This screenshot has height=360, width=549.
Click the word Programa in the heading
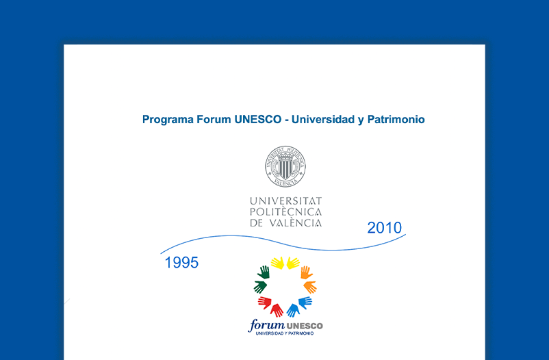tap(168, 120)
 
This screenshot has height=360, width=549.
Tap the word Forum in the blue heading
tap(214, 119)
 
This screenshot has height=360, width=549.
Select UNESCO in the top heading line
tap(258, 119)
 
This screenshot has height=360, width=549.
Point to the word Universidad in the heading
tap(323, 119)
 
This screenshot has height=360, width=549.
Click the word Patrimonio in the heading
tap(396, 119)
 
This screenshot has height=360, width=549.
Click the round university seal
tap(285, 166)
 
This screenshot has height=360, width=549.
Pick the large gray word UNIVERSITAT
tap(285, 201)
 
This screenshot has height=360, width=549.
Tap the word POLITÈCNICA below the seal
tap(285, 211)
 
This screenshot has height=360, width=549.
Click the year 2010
tap(385, 228)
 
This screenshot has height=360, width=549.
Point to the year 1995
tap(181, 263)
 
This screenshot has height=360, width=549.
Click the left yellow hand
tap(278, 263)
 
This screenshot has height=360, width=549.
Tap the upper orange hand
tap(307, 272)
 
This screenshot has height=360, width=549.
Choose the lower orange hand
tap(310, 287)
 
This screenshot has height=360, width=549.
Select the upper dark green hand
tap(264, 272)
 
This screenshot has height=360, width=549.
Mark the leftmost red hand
tap(265, 303)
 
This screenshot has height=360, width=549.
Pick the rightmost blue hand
tap(305, 303)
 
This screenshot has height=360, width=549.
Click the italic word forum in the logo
tap(266, 325)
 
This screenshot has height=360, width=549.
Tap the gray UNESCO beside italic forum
tap(304, 326)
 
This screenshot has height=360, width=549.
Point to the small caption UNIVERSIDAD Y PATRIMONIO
tap(285, 333)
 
